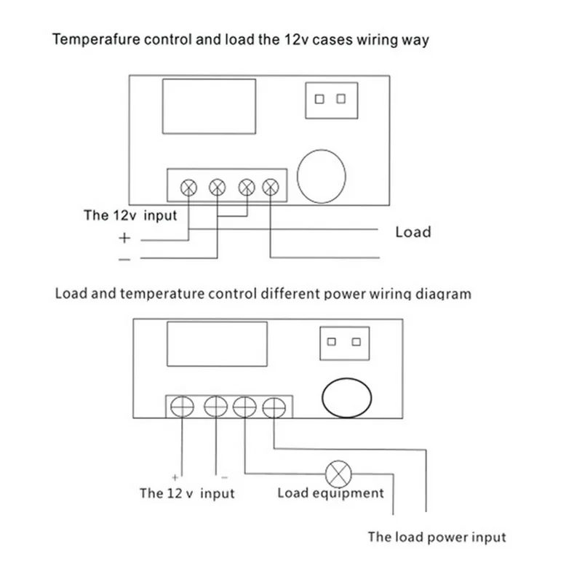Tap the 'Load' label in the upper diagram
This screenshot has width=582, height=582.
point(413,232)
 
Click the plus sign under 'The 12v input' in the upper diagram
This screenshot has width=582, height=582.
point(124,237)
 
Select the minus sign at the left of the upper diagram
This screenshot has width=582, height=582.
point(124,258)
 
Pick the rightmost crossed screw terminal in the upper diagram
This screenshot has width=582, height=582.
point(270,188)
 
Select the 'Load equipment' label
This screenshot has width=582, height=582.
point(330,493)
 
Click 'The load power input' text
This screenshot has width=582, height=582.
point(436,538)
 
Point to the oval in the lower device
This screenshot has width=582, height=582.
point(347,399)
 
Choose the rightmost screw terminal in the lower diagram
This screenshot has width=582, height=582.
point(274,407)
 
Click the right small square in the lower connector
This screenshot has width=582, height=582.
point(356,342)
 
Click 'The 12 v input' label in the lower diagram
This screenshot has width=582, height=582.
point(187,493)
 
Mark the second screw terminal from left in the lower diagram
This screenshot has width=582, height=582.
point(215,407)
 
